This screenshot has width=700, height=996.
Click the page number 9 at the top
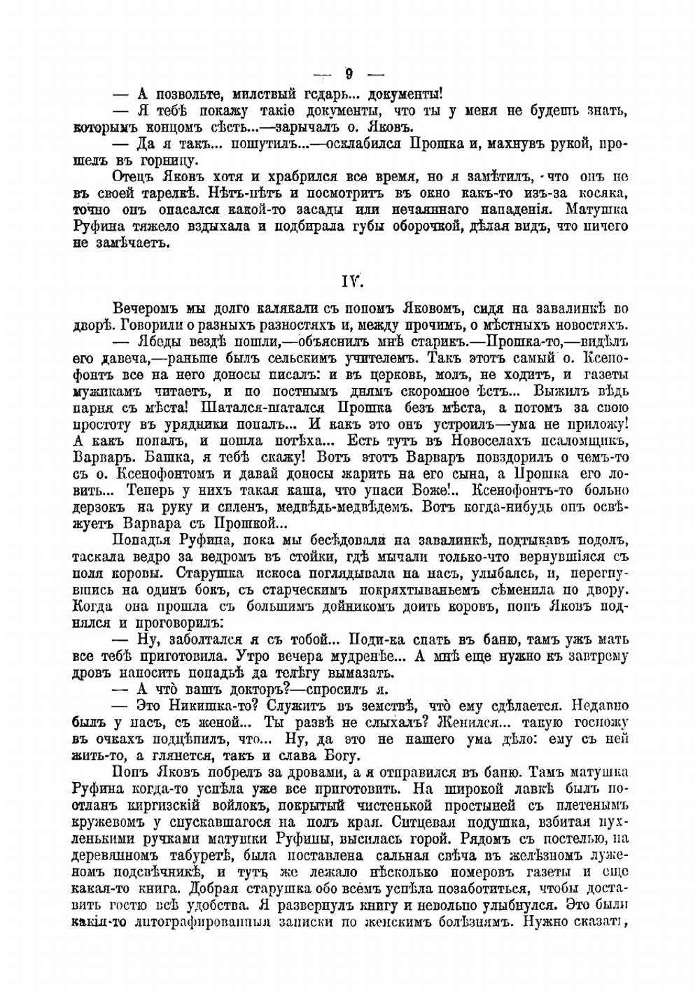tap(349, 73)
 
